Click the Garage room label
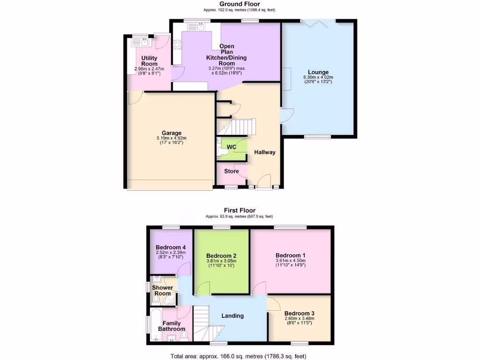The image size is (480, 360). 172,133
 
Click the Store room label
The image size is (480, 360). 231,171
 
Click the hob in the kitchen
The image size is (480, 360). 178,45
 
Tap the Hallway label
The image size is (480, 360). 265,152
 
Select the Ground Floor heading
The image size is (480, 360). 240,4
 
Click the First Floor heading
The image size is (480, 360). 240,210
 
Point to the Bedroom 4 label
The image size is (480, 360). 171,247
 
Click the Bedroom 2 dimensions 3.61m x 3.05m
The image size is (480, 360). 221,261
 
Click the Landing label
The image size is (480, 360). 232,315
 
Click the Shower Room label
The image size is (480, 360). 163,290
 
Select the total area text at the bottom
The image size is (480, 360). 240,356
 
